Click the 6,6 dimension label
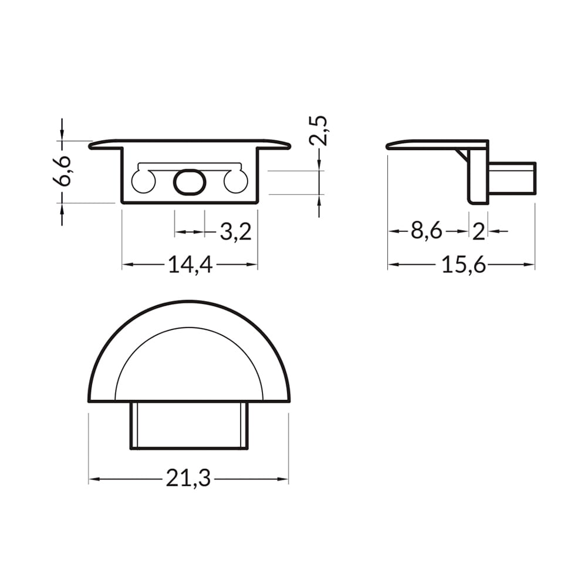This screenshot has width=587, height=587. coord(62,171)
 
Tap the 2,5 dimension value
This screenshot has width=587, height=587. coord(319,131)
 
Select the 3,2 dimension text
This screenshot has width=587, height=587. coord(235,232)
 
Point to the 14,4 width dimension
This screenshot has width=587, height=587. coord(191,265)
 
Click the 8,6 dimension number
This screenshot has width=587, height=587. coord(426,231)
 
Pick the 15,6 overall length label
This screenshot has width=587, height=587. coord(464,265)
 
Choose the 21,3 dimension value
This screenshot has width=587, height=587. coord(188,479)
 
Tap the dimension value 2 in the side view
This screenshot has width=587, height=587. coord(479,232)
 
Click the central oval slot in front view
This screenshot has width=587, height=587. coord(190,182)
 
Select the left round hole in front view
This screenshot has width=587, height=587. coord(143,181)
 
